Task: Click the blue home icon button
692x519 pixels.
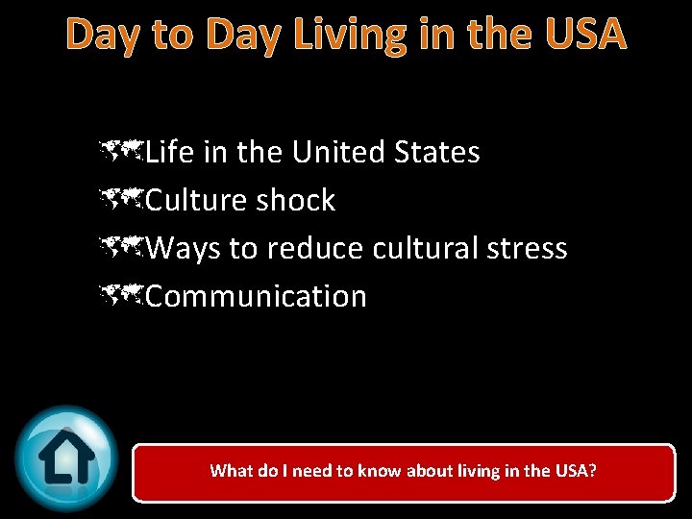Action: (66, 457)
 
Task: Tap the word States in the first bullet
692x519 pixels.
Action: (436, 152)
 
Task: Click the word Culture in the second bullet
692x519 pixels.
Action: (197, 200)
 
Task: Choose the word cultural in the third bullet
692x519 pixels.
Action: (418, 248)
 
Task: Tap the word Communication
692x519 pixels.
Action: (257, 296)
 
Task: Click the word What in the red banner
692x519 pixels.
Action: (231, 471)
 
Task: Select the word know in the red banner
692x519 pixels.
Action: (381, 471)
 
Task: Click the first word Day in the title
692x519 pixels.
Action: (102, 36)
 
